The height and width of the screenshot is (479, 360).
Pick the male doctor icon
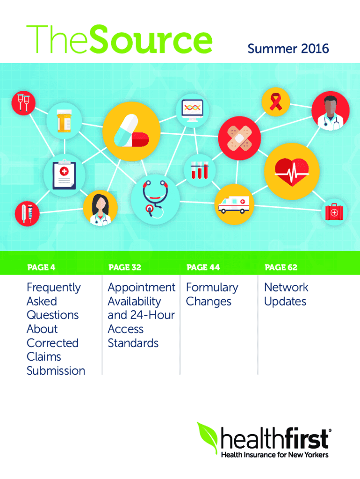[330, 111]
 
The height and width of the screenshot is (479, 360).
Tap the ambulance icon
[232, 204]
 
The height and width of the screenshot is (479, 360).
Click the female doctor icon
[101, 209]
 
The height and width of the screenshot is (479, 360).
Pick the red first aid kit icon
[333, 212]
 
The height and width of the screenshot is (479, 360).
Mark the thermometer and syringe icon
[27, 213]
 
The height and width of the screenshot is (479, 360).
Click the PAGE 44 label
[203, 268]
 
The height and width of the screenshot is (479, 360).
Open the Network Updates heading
[286, 294]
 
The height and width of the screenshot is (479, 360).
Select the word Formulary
[212, 287]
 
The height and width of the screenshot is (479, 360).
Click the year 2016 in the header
[315, 49]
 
